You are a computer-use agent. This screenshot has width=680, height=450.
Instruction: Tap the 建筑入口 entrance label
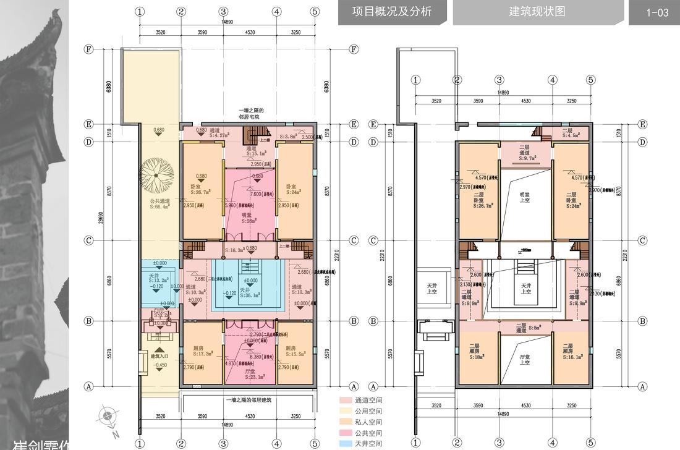(x=160, y=356)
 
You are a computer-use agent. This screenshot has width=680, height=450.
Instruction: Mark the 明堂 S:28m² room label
(x=247, y=217)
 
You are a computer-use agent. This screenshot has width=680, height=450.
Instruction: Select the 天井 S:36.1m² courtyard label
(x=249, y=292)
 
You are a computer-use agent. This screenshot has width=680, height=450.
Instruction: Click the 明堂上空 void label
(x=525, y=198)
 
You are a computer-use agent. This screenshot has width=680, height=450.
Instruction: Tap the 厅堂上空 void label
(x=525, y=359)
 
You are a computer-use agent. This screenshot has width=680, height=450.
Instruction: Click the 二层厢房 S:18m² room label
(x=475, y=351)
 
